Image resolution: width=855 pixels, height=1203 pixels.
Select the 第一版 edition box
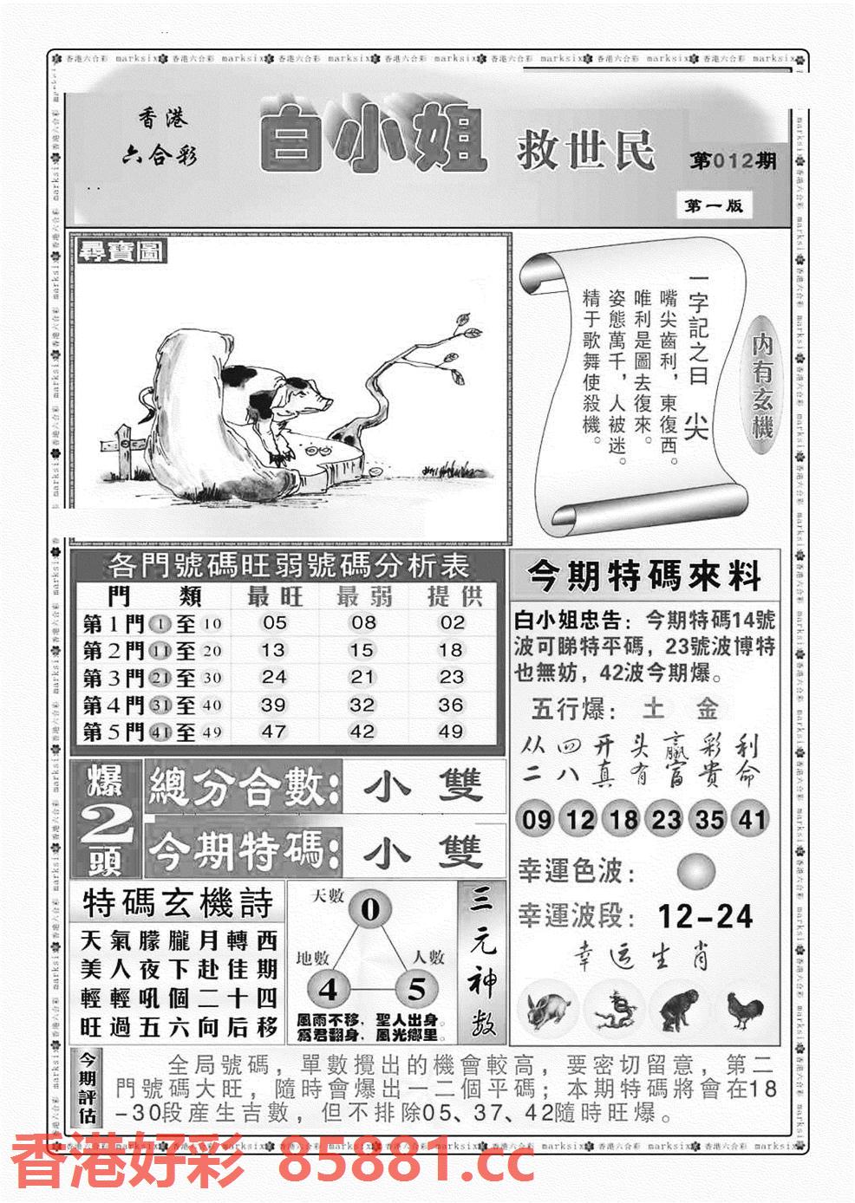pyautogui.click(x=713, y=205)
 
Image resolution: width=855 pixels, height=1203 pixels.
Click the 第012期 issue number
pyautogui.click(x=733, y=161)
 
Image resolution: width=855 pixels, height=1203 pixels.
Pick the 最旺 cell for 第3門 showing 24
pyautogui.click(x=274, y=677)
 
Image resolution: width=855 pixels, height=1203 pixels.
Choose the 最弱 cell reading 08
pyautogui.click(x=363, y=622)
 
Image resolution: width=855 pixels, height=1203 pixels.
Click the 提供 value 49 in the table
pyautogui.click(x=451, y=732)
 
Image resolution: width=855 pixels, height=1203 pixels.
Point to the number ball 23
pyautogui.click(x=664, y=819)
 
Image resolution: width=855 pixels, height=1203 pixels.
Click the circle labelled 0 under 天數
pyautogui.click(x=370, y=909)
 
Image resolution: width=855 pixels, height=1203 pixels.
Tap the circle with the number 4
pyautogui.click(x=329, y=989)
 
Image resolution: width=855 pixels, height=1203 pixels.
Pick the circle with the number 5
pyautogui.click(x=417, y=989)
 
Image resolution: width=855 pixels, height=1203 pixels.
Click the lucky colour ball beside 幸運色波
pyautogui.click(x=695, y=870)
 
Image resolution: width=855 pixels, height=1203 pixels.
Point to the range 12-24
pyautogui.click(x=705, y=915)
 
